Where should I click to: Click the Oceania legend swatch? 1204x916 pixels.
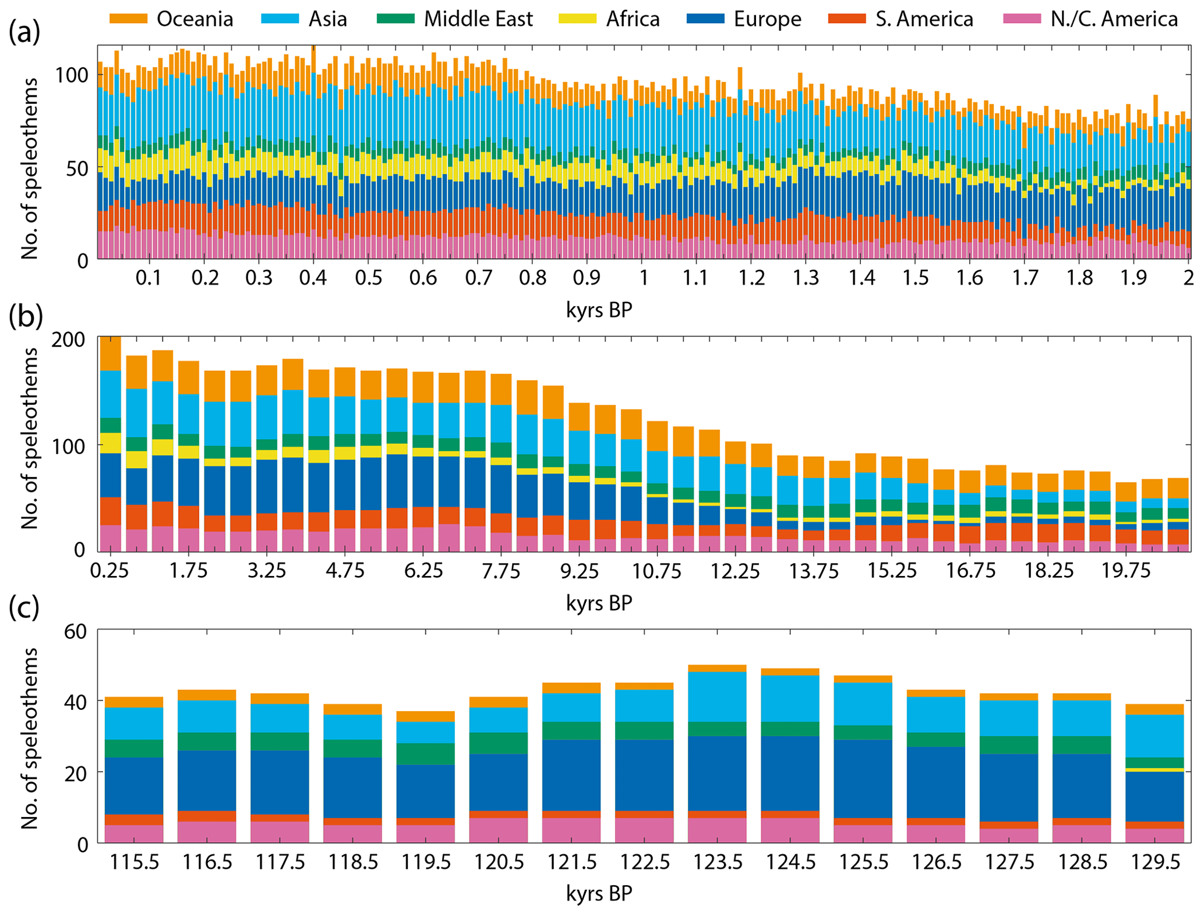pyautogui.click(x=128, y=19)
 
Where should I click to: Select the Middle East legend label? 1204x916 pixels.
pyautogui.click(x=478, y=19)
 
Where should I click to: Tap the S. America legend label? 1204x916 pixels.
pyautogui.click(x=924, y=19)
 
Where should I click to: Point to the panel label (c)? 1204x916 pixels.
pyautogui.click(x=24, y=607)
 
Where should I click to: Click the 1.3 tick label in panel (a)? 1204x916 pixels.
pyautogui.click(x=806, y=278)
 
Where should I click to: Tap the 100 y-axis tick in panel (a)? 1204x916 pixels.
pyautogui.click(x=70, y=75)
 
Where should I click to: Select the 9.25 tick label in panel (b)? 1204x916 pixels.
pyautogui.click(x=579, y=570)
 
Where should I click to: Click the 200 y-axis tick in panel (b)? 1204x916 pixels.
pyautogui.click(x=68, y=339)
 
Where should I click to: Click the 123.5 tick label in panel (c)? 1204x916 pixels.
pyautogui.click(x=717, y=861)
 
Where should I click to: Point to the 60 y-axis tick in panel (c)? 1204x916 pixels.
pyautogui.click(x=75, y=631)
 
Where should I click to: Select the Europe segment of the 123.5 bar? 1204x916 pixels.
pyautogui.click(x=717, y=773)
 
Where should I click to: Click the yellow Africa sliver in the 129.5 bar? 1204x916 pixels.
pyautogui.click(x=1154, y=770)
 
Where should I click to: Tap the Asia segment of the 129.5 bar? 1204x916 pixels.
pyautogui.click(x=1154, y=735)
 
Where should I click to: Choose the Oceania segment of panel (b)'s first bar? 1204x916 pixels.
pyautogui.click(x=110, y=353)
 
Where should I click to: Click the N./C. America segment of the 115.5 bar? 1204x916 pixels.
pyautogui.click(x=134, y=833)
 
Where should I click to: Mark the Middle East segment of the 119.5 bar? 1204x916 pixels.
pyautogui.click(x=425, y=754)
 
